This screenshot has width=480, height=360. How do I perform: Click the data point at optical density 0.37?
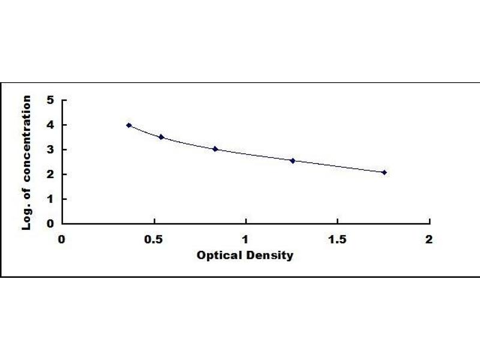click(129, 125)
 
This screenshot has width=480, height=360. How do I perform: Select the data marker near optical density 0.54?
click(161, 137)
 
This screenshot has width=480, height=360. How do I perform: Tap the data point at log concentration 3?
click(215, 149)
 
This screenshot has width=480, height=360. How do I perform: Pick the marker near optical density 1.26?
click(293, 160)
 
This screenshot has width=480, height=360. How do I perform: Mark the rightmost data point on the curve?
click(385, 172)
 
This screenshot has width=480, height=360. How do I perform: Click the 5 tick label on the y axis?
click(50, 100)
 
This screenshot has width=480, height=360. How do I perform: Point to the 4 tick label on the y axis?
click(50, 125)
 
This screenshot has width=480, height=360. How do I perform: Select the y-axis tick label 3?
click(50, 149)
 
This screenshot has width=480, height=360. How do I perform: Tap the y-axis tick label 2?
click(50, 174)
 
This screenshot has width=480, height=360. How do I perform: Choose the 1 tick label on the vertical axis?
click(50, 199)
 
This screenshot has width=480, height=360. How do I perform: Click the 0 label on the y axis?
click(50, 223)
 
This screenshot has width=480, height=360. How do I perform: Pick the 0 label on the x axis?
click(62, 239)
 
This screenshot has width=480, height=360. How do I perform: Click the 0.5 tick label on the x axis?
click(154, 239)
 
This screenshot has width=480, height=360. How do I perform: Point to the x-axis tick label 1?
click(245, 239)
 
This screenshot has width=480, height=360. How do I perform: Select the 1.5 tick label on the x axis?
click(337, 239)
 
